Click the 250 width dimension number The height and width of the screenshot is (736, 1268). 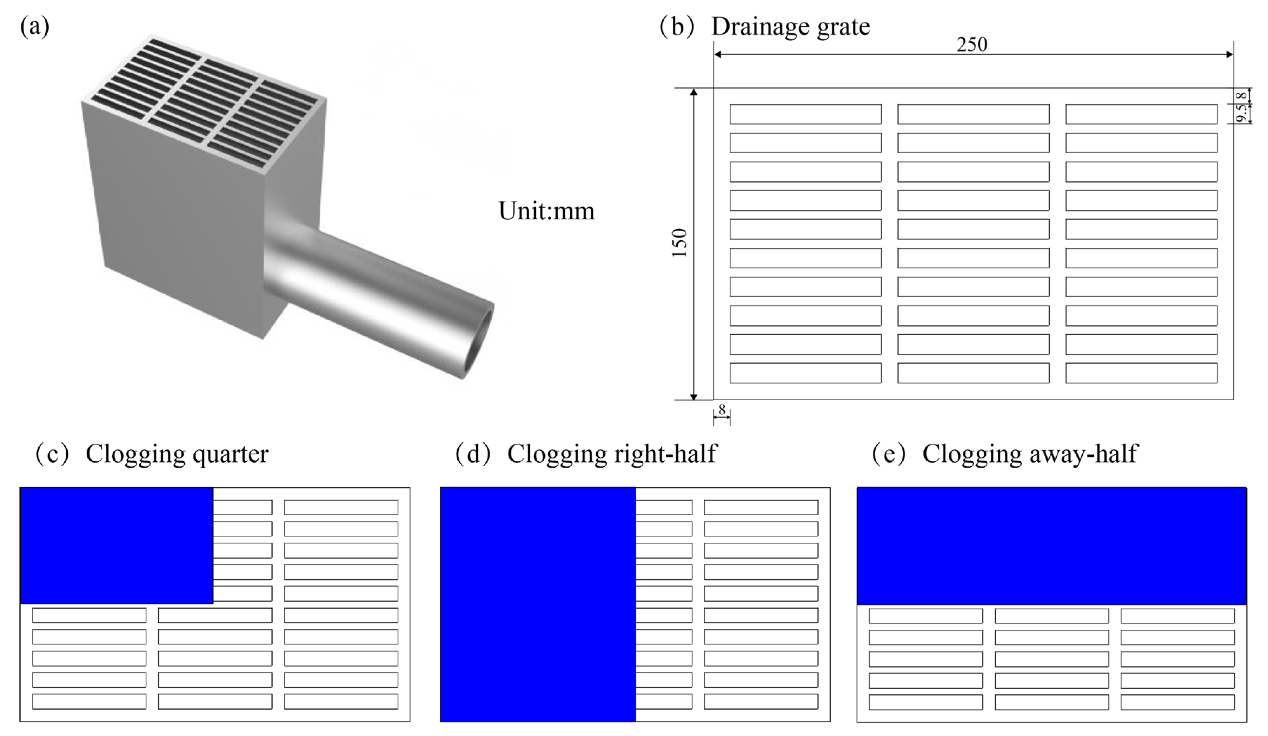click(972, 45)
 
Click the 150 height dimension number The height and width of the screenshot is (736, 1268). click(680, 243)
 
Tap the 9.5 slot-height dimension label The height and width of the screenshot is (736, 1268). click(1242, 113)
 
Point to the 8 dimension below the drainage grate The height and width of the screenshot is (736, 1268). click(722, 410)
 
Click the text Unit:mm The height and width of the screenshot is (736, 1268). click(546, 211)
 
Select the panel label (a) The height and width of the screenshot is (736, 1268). click(35, 27)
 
